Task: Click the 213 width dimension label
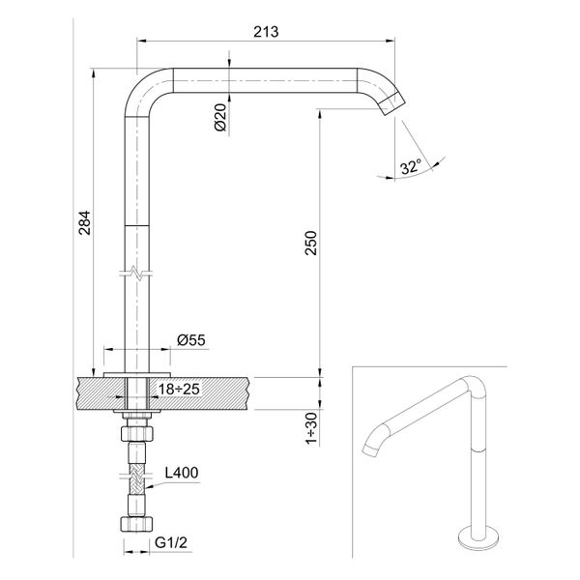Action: (266, 31)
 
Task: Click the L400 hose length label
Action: (181, 474)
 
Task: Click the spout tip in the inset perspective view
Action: (368, 449)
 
